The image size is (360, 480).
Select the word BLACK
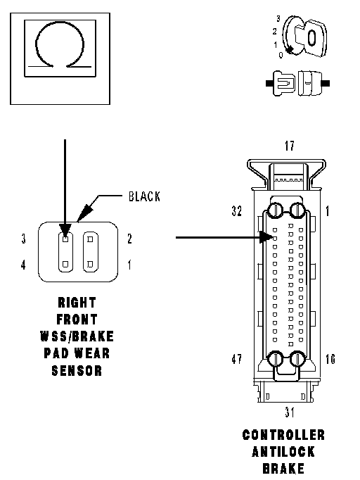[x=144, y=196]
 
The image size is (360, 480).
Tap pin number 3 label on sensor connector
[x=23, y=239]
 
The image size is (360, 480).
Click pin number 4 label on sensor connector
[x=23, y=265]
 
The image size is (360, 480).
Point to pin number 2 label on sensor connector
[x=129, y=239]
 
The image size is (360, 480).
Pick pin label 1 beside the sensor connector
[x=129, y=265]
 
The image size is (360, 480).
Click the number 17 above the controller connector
[x=289, y=146]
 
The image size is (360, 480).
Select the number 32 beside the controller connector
[x=236, y=211]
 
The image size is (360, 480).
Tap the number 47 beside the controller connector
[x=236, y=359]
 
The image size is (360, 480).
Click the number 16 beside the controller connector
[x=330, y=359]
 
